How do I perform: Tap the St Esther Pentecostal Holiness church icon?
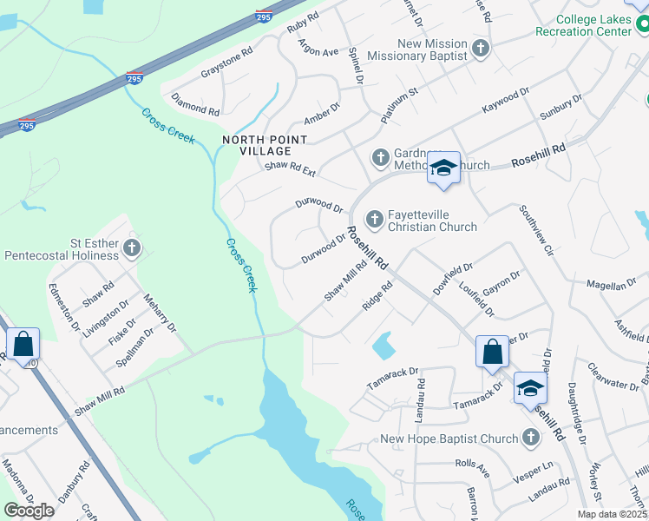(x=132, y=249)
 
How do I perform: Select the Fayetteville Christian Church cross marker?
(x=375, y=219)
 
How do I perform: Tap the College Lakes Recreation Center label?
(x=593, y=24)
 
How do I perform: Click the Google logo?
(x=29, y=510)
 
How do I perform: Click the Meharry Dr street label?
(x=160, y=313)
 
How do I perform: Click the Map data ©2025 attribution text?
(x=613, y=513)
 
